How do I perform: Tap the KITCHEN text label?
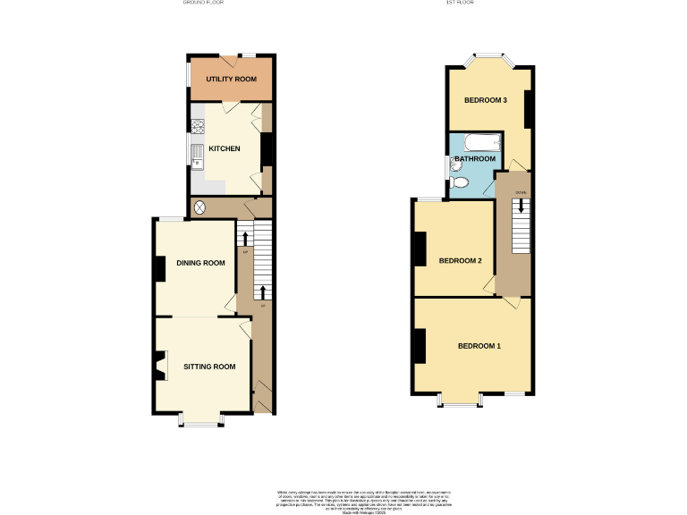pyautogui.click(x=225, y=148)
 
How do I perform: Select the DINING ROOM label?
pyautogui.click(x=200, y=263)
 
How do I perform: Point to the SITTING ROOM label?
pyautogui.click(x=209, y=367)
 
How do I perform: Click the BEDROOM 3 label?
pyautogui.click(x=486, y=100)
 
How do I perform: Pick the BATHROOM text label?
pyautogui.click(x=475, y=159)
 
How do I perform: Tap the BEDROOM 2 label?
pyautogui.click(x=461, y=261)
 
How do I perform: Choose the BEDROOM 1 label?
pyautogui.click(x=480, y=346)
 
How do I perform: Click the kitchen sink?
pyautogui.click(x=197, y=155)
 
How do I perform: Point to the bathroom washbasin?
pyautogui.click(x=455, y=165)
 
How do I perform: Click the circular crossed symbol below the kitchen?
pyautogui.click(x=200, y=207)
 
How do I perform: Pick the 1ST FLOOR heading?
pyautogui.click(x=460, y=4)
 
